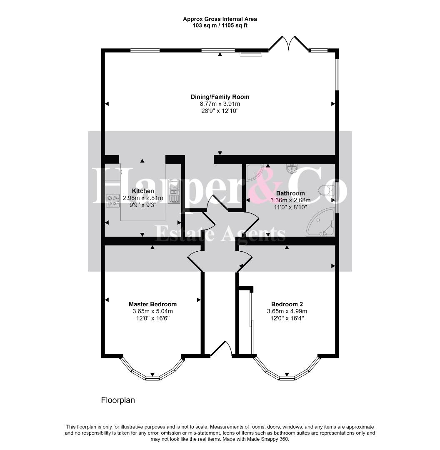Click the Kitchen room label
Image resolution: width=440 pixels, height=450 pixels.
(x=143, y=191)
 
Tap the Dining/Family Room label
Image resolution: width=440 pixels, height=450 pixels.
(x=220, y=97)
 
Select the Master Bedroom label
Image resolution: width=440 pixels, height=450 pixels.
(x=152, y=304)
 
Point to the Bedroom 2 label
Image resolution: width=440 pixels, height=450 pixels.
(x=287, y=304)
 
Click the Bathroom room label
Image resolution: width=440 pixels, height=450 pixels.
(x=290, y=193)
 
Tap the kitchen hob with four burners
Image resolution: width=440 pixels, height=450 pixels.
(x=113, y=200)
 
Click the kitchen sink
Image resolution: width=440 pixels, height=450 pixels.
(x=174, y=191)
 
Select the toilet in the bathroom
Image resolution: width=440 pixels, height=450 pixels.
(x=327, y=190)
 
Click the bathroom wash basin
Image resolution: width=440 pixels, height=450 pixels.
(x=292, y=169)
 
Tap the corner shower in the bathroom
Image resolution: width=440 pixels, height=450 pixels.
(x=254, y=172)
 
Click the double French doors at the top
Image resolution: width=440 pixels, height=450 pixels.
(x=288, y=43)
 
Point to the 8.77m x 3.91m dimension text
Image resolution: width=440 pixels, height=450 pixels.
(x=220, y=104)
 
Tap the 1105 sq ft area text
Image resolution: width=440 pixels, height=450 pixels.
(x=232, y=25)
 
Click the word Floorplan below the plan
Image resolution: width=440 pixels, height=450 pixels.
(x=118, y=400)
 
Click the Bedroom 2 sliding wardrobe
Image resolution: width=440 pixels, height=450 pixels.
(x=246, y=323)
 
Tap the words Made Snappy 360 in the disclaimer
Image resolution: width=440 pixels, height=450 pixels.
(x=272, y=439)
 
